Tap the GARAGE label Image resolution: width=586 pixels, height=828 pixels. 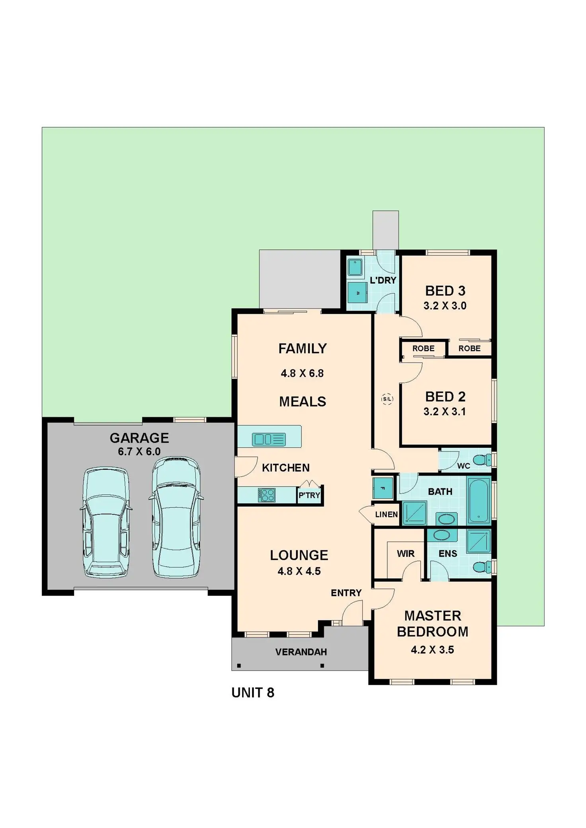[139, 438]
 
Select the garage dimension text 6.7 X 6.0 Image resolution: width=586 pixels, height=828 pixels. [139, 452]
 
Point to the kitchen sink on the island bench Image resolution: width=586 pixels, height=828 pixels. [269, 439]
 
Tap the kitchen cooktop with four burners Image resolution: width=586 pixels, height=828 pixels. [267, 495]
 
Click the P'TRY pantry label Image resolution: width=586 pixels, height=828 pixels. [309, 496]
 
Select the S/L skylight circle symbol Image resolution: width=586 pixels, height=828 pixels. [387, 399]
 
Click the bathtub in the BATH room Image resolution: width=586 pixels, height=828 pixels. [479, 500]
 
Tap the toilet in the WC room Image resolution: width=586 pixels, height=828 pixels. [483, 460]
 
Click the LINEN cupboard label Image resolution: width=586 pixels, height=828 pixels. [386, 514]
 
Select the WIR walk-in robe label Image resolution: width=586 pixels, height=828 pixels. [405, 554]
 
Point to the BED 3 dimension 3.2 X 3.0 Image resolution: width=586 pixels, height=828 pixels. [445, 306]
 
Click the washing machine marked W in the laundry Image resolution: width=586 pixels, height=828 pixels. [357, 293]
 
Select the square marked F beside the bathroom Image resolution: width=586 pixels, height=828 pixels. [382, 488]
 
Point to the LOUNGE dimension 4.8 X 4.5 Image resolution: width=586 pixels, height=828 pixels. [299, 571]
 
